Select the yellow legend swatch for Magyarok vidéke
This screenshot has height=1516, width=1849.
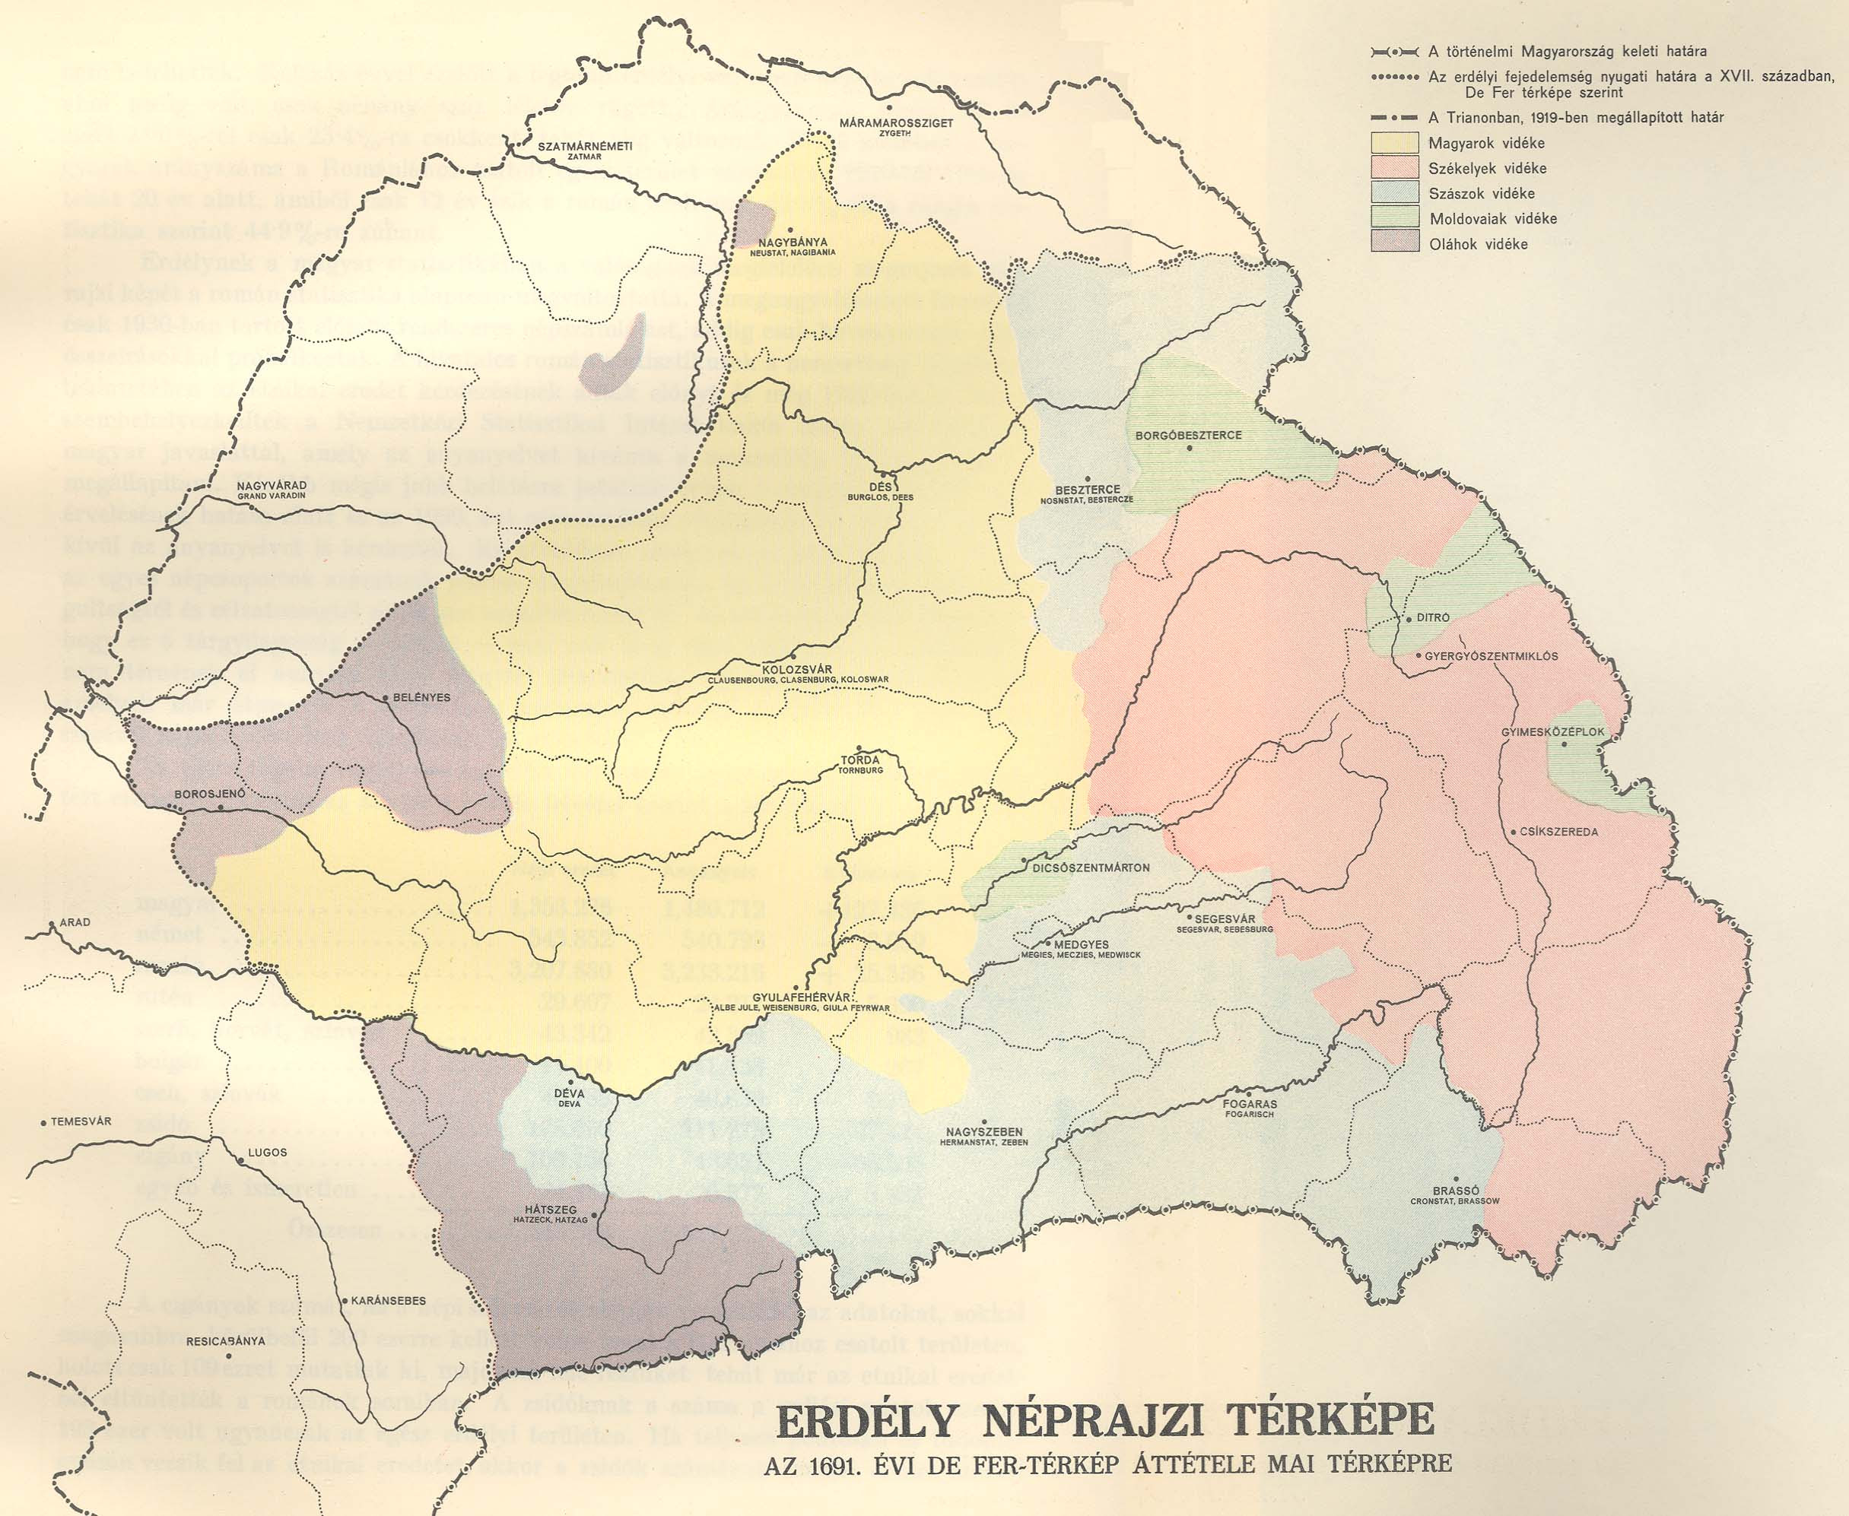coord(1395,143)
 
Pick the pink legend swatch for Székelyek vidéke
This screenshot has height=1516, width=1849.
coord(1395,169)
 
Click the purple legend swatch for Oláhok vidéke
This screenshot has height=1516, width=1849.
coord(1395,243)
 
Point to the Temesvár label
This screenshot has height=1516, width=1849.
coord(81,1121)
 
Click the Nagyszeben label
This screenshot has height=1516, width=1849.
coord(983,1132)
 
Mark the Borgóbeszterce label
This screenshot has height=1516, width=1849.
coord(1189,435)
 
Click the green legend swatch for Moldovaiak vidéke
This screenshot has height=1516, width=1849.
coord(1395,218)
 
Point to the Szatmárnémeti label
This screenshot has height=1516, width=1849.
coord(572,147)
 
